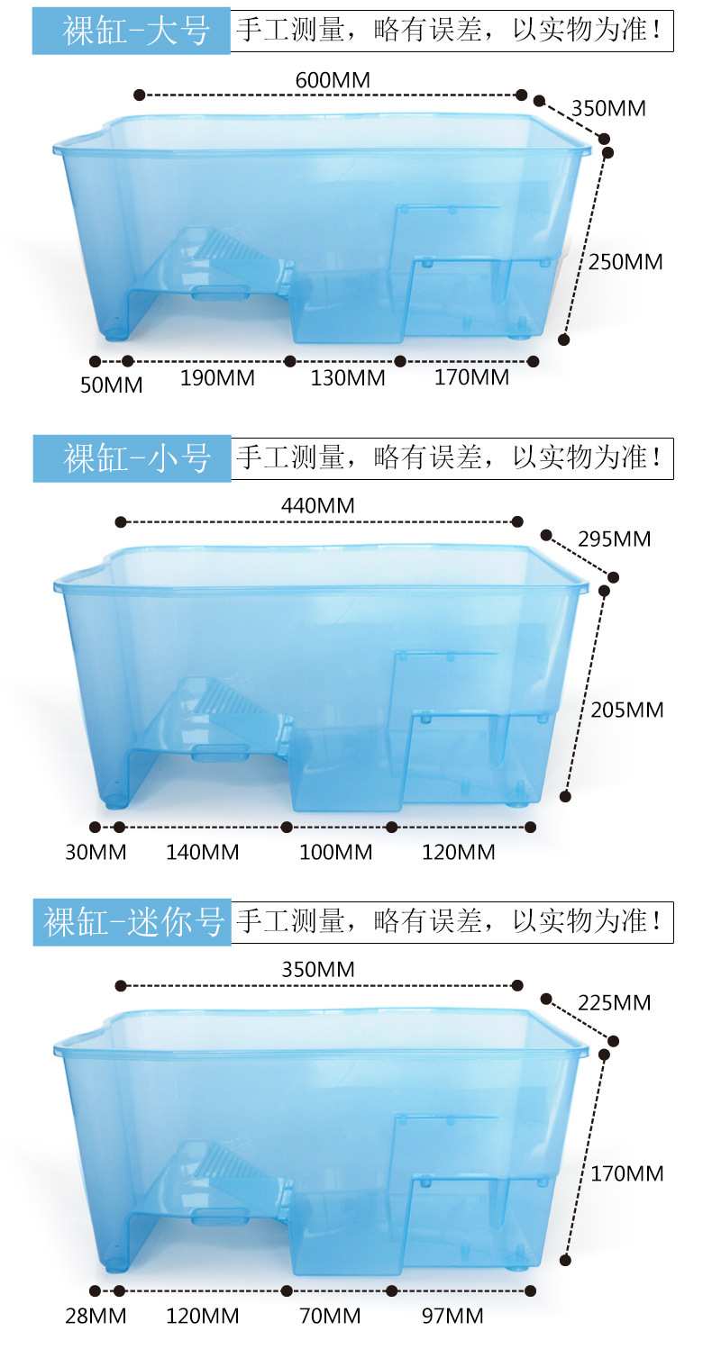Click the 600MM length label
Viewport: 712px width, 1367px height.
(333, 80)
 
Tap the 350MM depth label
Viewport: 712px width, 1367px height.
(608, 108)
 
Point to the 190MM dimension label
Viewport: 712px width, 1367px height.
(217, 378)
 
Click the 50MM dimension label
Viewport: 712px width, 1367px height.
(111, 385)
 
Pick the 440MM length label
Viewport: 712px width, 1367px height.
(318, 506)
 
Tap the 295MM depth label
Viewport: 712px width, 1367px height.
(614, 539)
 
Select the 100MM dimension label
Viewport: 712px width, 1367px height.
(335, 852)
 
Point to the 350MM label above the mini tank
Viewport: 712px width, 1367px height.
(318, 970)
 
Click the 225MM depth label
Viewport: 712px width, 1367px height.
(614, 1002)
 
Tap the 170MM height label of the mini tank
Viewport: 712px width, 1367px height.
(627, 1173)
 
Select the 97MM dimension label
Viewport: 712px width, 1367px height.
(452, 1317)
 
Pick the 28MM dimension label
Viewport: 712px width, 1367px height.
(96, 1317)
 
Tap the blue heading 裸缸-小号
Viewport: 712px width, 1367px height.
(132, 458)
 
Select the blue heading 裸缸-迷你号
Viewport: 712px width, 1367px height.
(132, 921)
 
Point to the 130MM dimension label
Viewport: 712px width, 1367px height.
(348, 378)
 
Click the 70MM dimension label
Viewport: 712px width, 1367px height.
(330, 1317)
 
